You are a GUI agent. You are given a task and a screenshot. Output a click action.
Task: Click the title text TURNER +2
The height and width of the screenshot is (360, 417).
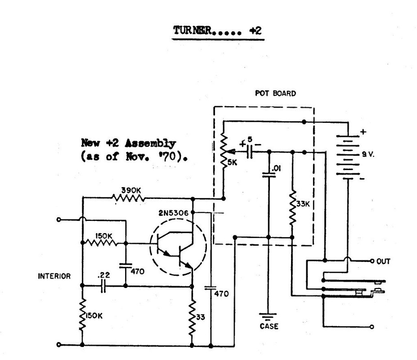click(x=218, y=30)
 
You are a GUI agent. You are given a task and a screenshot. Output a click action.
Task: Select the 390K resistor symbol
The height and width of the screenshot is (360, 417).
click(x=129, y=198)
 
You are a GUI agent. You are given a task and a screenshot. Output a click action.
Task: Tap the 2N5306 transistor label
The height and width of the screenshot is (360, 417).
click(x=173, y=213)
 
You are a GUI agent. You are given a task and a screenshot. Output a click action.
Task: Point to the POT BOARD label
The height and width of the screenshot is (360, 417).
click(x=275, y=94)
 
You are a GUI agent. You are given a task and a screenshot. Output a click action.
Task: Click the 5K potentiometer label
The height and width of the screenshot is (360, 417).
click(x=232, y=162)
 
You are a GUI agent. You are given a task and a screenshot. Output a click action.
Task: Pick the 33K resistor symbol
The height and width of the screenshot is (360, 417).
click(x=292, y=207)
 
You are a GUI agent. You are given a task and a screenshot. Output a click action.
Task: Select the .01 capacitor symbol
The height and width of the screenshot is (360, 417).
click(x=269, y=175)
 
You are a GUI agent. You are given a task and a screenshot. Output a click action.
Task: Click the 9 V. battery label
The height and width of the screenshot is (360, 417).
click(x=368, y=154)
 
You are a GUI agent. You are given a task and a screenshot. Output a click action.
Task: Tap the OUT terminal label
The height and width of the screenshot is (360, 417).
click(x=383, y=261)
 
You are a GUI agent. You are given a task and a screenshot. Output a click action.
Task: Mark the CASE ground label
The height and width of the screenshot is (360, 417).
click(x=269, y=326)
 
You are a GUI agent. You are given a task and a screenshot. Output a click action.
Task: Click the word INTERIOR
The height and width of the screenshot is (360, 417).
click(x=54, y=276)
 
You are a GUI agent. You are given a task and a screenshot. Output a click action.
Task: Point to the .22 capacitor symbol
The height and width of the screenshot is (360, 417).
click(x=103, y=286)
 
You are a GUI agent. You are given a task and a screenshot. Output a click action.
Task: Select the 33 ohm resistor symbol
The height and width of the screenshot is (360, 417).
click(x=192, y=318)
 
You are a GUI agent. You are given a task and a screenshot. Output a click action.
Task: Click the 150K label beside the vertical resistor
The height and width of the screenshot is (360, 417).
click(x=94, y=316)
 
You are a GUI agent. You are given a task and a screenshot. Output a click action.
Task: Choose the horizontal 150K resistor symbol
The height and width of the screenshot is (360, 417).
click(x=102, y=243)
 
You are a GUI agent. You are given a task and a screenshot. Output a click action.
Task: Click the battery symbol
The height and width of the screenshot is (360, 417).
click(x=348, y=155)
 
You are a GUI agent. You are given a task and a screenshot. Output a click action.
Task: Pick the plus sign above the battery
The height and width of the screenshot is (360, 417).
click(x=363, y=132)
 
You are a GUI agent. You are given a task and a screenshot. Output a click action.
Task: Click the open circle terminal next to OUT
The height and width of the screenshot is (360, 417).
click(x=372, y=261)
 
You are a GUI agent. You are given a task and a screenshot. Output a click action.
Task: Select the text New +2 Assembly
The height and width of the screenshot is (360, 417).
click(x=129, y=143)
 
